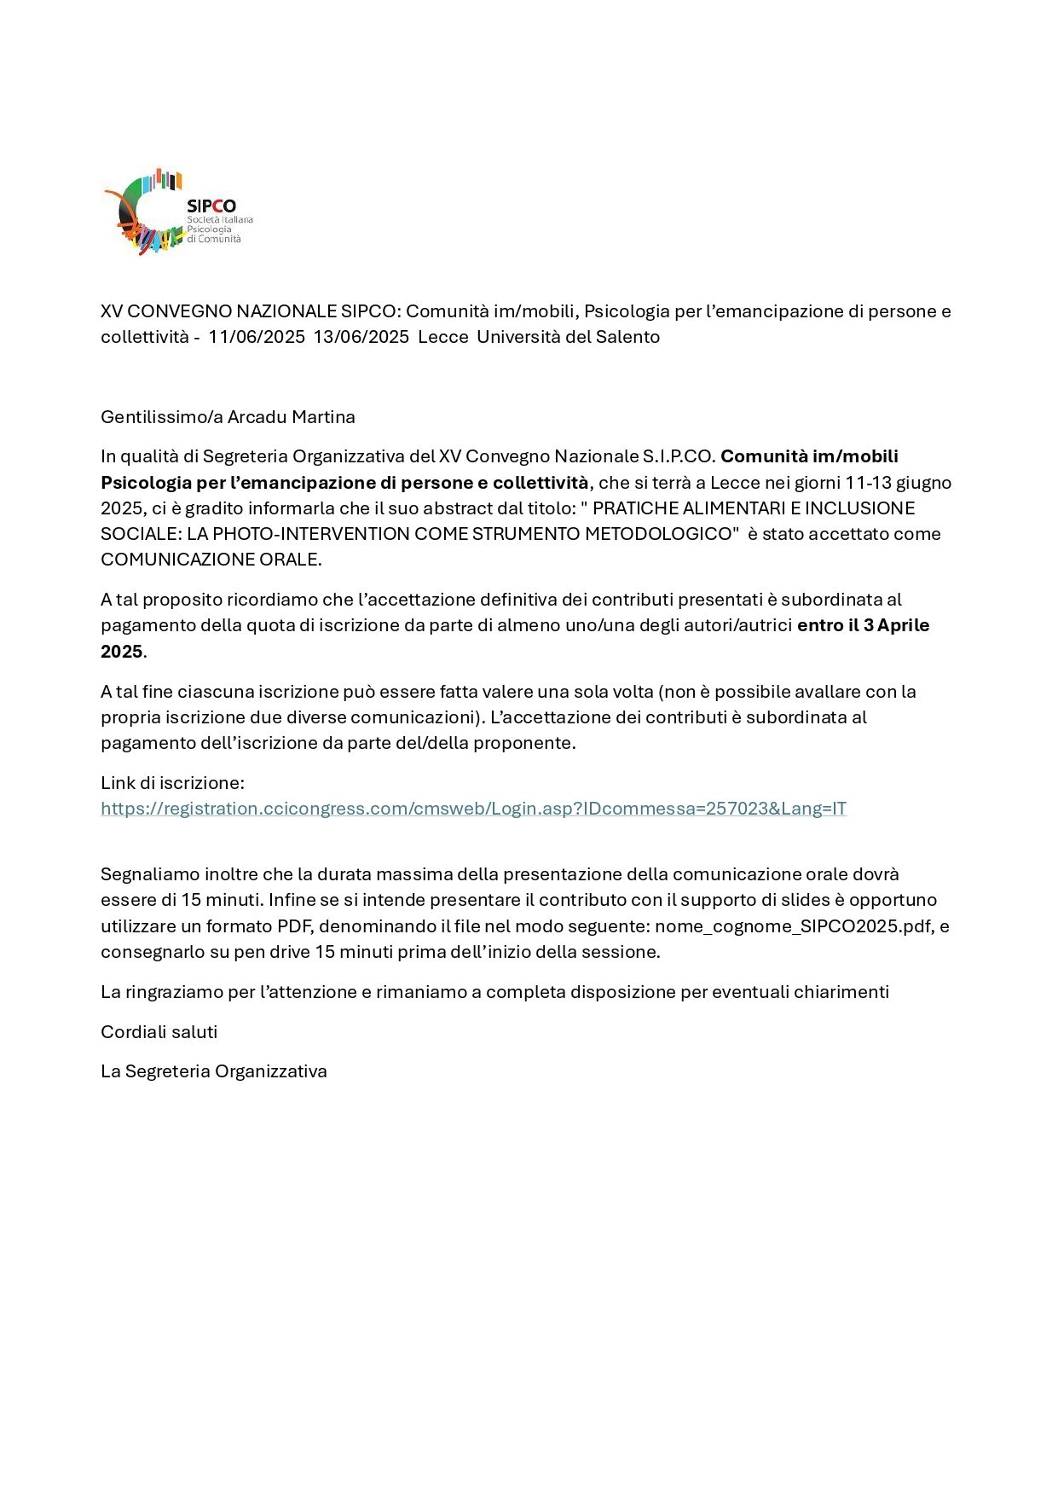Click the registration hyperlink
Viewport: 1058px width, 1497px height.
click(x=473, y=809)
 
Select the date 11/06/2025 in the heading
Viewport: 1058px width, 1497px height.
click(x=257, y=337)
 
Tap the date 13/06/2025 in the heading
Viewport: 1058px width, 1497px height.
click(x=361, y=337)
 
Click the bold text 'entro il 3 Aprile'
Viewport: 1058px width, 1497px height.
click(x=863, y=625)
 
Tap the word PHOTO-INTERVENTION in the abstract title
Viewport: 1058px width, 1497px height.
click(x=311, y=534)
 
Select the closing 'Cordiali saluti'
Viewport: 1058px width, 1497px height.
click(x=159, y=1032)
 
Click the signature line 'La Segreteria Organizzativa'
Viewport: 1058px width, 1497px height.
click(x=214, y=1071)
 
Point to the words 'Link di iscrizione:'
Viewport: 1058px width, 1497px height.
click(x=172, y=783)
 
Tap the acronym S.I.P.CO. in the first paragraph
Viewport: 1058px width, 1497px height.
click(x=679, y=456)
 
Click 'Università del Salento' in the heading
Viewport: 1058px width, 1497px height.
click(x=568, y=337)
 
